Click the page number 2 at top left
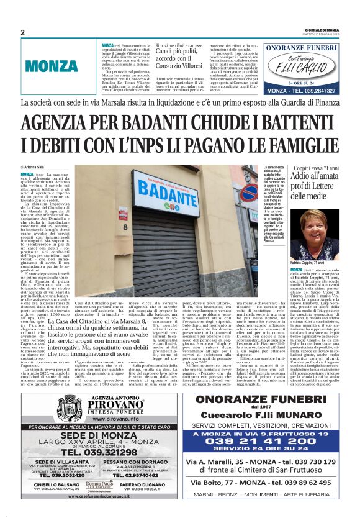22,33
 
